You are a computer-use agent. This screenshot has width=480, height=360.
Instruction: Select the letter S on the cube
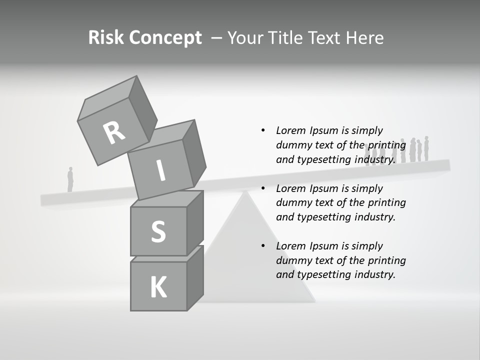(x=158, y=232)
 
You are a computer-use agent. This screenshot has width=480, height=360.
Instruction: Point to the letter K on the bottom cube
(x=158, y=287)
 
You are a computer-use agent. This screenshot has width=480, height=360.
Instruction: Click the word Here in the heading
(x=365, y=38)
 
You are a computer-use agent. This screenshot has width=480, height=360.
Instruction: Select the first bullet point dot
(x=263, y=130)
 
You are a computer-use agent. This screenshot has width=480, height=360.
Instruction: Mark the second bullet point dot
(x=263, y=188)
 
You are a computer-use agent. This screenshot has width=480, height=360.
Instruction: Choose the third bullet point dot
(x=263, y=246)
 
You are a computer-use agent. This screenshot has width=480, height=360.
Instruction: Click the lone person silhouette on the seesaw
(x=70, y=179)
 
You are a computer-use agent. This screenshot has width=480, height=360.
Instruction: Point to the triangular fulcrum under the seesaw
(x=255, y=260)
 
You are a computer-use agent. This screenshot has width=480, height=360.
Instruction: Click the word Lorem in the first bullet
(x=289, y=130)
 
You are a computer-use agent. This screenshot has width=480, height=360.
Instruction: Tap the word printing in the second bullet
(x=386, y=202)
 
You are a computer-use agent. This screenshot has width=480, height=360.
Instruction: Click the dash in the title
(x=216, y=38)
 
